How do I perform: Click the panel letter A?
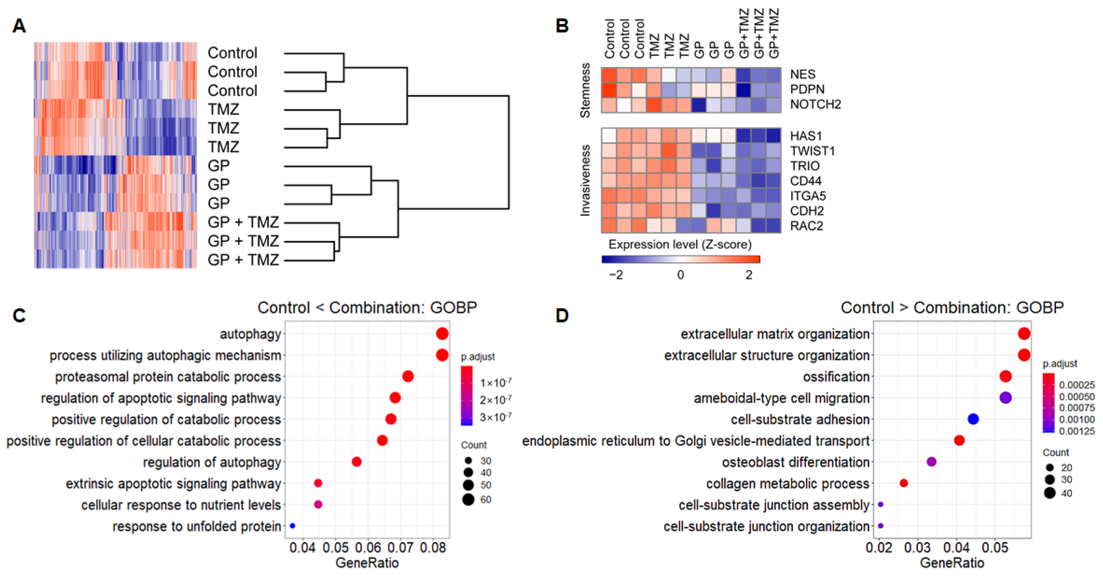[x=19, y=26]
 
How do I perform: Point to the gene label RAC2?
[x=806, y=226]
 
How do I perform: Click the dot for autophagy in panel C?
[x=442, y=334]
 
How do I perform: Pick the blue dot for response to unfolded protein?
[x=293, y=526]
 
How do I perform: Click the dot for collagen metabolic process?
[x=903, y=483]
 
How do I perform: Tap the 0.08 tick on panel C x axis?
[x=433, y=548]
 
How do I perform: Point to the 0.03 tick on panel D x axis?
[x=918, y=548]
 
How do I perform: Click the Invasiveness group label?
[x=585, y=180]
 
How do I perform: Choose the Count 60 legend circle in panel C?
[x=468, y=499]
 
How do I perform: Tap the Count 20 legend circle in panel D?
[x=1049, y=468]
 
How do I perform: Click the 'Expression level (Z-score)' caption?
[x=680, y=245]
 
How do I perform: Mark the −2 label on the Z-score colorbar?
[x=616, y=275]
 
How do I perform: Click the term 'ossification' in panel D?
[x=836, y=377]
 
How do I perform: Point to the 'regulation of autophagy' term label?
[x=212, y=462]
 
